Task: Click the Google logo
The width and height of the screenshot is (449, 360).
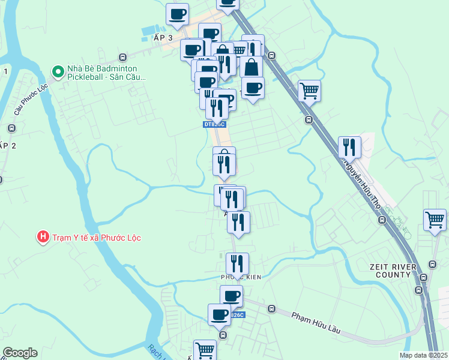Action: click(x=20, y=353)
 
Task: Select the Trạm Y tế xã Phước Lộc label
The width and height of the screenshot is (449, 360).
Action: click(x=96, y=238)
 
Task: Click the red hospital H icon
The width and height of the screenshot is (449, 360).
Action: click(x=43, y=237)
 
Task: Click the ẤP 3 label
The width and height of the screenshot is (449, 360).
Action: click(x=163, y=38)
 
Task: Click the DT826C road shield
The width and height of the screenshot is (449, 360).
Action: click(x=214, y=124)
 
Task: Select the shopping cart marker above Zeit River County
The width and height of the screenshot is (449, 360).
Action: click(x=435, y=219)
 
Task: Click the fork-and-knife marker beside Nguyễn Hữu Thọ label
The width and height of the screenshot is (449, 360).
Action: click(x=349, y=147)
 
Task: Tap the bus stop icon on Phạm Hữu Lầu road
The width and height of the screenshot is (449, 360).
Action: click(x=271, y=310)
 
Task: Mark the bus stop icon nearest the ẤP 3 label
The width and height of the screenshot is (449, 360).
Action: click(x=122, y=58)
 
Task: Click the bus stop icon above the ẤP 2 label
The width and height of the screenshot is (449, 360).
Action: click(x=11, y=128)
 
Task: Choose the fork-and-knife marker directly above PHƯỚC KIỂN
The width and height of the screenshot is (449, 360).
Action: click(x=237, y=263)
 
